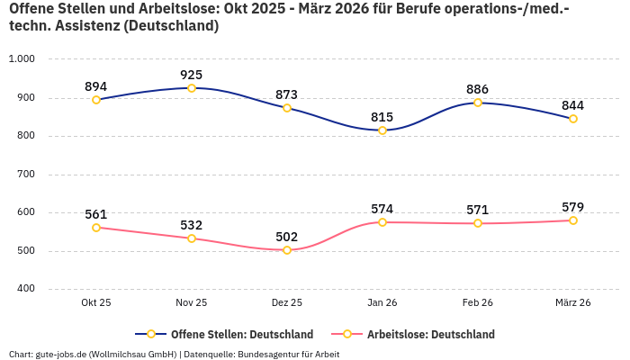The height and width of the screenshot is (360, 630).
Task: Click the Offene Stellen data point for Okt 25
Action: pos(96,100)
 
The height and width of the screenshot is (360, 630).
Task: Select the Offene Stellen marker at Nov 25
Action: pos(192,88)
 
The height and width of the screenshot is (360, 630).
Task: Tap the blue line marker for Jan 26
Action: pos(382,130)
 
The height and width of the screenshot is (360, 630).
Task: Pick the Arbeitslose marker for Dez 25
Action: pos(287,250)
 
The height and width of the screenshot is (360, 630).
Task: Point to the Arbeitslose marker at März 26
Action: pos(573,220)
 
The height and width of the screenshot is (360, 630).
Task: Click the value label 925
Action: pos(192,75)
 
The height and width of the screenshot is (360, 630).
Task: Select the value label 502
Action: pos(287,237)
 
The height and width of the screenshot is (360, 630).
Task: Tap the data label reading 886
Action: pos(478,89)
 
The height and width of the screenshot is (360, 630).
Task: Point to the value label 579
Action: pos(573,207)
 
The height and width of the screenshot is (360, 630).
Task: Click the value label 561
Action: pos(96,214)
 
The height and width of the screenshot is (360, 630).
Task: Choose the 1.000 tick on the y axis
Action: pos(22,59)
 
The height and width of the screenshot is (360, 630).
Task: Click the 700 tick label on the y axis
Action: pos(26,174)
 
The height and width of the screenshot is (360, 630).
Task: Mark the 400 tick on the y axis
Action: pos(26,289)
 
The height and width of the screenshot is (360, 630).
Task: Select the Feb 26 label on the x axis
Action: pos(478,303)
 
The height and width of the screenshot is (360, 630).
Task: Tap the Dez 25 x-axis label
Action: pos(287,303)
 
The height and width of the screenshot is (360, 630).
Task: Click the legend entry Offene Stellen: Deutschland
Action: pos(241,334)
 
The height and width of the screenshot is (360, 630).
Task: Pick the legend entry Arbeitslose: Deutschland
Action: pos(430,334)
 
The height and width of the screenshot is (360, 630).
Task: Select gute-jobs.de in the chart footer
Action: pos(61,354)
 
